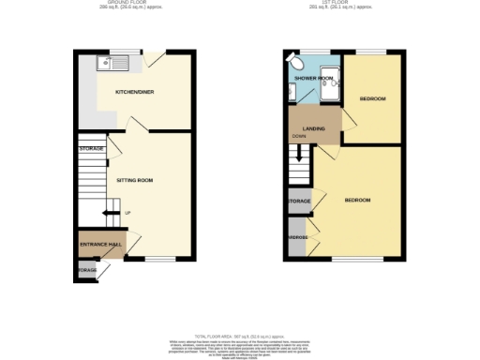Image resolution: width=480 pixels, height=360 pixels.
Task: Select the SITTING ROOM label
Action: (134, 178)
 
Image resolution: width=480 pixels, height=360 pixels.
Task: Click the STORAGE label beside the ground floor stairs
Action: (92, 149)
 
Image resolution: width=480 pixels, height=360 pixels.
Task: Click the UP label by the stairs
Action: (127, 213)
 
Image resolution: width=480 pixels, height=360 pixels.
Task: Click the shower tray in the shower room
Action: (328, 87)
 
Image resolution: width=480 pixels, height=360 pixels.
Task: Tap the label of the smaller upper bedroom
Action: (373, 98)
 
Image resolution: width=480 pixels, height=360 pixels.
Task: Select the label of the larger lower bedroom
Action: (356, 201)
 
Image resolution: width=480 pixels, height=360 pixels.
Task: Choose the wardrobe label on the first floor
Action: (297, 237)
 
